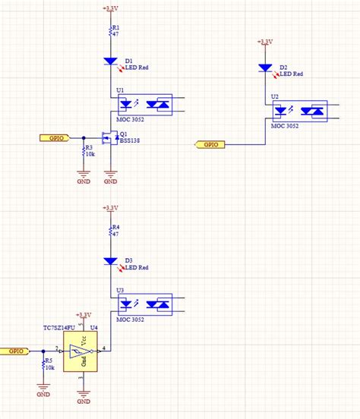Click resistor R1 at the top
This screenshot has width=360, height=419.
coord(110,30)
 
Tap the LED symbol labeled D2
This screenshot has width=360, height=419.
coord(265,68)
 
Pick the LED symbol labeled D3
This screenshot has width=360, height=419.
coord(110,260)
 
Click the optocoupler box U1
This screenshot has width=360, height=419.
coord(144,104)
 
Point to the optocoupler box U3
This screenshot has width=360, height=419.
coord(144,304)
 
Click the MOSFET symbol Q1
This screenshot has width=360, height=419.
coord(108,138)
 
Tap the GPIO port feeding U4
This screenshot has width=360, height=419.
coord(15,351)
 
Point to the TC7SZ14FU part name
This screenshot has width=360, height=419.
coord(58,327)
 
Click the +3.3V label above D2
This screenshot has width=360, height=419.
coord(265,43)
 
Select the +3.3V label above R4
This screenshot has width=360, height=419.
coord(110,207)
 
